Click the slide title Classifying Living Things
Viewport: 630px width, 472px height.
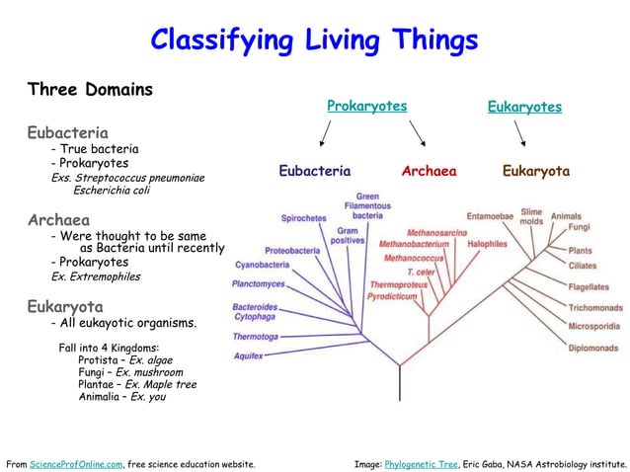tap(314, 39)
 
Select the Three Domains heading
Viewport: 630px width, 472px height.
tap(90, 90)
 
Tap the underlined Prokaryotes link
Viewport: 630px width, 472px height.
tap(366, 106)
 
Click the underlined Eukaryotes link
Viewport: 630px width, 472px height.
tap(524, 107)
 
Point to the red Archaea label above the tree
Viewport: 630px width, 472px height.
tap(429, 171)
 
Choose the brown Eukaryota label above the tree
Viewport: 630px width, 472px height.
tap(536, 171)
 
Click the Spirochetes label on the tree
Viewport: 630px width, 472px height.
tap(303, 218)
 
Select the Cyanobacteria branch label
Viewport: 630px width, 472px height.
tap(262, 265)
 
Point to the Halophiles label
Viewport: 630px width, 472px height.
tap(487, 243)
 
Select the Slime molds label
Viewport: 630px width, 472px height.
tap(531, 216)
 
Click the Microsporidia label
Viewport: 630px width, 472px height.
tap(594, 327)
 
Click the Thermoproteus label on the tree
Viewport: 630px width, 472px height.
tap(398, 283)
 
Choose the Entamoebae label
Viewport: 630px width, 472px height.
tap(490, 215)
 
